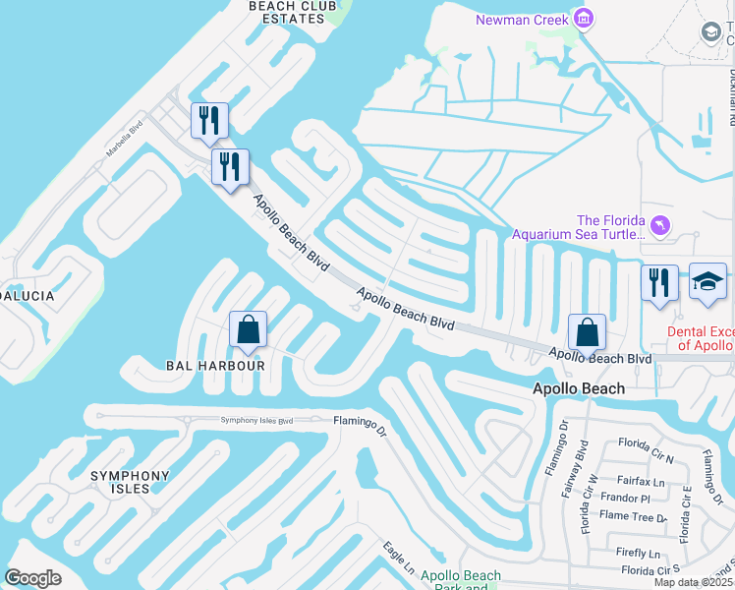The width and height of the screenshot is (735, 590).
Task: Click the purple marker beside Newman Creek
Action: click(x=584, y=20)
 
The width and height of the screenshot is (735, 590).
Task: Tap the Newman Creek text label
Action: click(x=522, y=20)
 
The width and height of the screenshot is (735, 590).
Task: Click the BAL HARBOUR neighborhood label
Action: click(x=215, y=365)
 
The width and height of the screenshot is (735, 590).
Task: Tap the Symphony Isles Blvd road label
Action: click(x=256, y=421)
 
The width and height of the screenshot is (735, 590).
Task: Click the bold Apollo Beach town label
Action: click(x=578, y=388)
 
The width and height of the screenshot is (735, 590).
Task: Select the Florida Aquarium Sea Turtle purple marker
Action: click(x=660, y=226)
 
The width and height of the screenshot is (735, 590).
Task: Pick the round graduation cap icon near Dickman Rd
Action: click(x=710, y=32)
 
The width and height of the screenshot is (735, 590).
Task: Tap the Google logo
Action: click(x=32, y=578)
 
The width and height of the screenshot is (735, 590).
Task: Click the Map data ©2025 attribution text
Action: click(x=693, y=582)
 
